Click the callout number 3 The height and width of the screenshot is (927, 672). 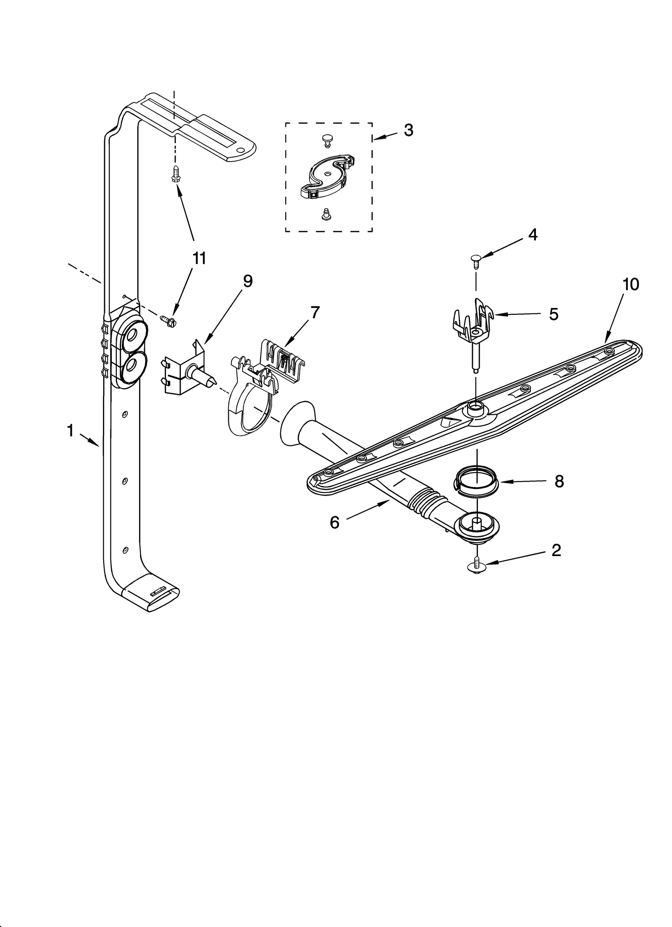pos(408,130)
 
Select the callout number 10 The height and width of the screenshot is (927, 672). pos(630,285)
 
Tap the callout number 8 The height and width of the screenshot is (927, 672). pos(559,482)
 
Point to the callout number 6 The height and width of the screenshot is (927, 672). pos(334,523)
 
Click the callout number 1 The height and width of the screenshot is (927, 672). pos(70,431)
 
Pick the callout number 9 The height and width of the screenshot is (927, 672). pos(248,281)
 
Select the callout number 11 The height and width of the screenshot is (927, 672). pos(199,259)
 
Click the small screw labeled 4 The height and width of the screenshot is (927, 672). pos(475,260)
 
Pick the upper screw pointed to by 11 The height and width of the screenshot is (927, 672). pos(176,173)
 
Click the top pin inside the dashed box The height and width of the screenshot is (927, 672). pos(327,140)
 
